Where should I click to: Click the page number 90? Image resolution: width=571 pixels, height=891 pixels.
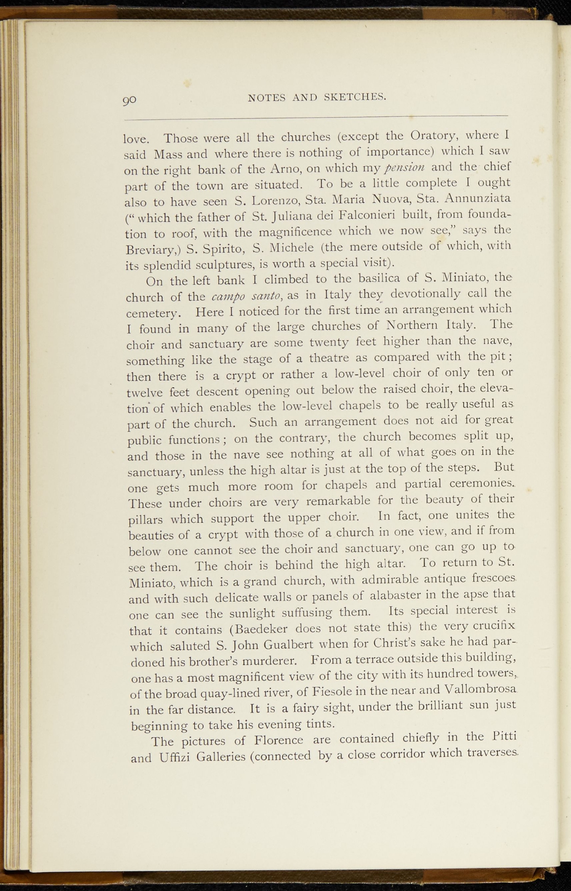129,100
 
